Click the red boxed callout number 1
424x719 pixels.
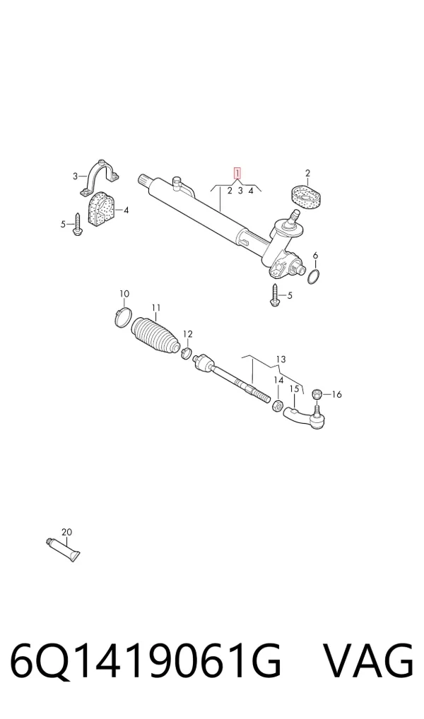(237, 173)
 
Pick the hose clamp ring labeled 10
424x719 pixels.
(122, 318)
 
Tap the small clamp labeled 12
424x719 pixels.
(187, 352)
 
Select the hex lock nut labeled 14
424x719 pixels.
(278, 406)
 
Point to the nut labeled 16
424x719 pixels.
(316, 393)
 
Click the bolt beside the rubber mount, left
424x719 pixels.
(77, 225)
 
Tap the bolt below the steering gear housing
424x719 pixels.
(275, 295)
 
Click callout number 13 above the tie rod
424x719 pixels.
(281, 359)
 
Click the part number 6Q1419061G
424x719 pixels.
(146, 662)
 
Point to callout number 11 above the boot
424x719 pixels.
(156, 307)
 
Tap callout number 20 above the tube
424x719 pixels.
(66, 532)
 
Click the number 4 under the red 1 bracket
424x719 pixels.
(251, 191)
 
